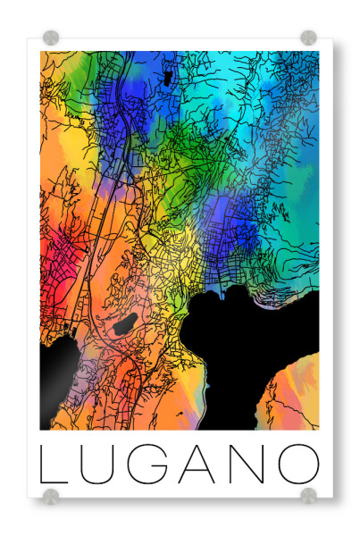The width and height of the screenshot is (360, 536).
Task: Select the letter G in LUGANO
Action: [x=150, y=465]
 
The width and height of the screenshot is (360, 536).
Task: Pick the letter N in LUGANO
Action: [x=249, y=465]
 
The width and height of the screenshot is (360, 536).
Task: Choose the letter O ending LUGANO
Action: [x=299, y=465]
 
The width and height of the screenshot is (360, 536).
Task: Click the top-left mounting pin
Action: [x=51, y=38]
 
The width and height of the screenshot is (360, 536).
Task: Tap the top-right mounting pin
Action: [x=308, y=38]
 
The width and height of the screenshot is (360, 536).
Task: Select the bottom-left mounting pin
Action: [x=51, y=495]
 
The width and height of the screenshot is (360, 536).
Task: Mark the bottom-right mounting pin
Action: [x=308, y=495]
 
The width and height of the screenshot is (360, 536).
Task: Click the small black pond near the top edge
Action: [x=167, y=78]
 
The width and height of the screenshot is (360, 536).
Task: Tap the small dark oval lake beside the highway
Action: [x=125, y=322]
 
